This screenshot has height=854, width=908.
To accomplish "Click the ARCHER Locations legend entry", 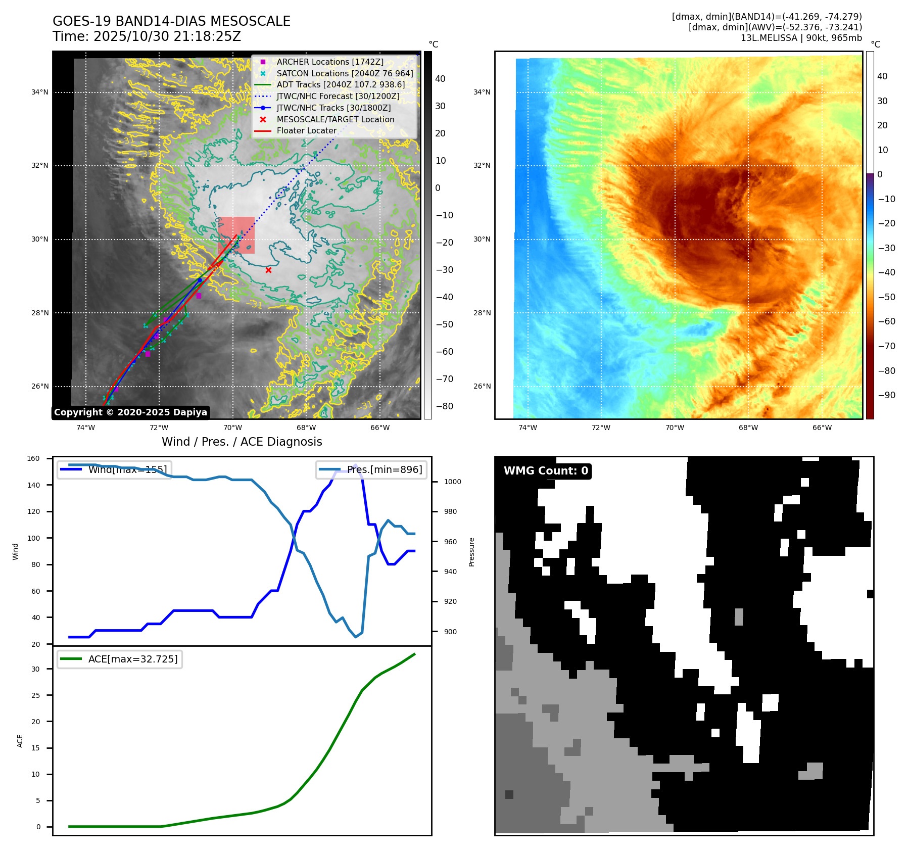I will pyautogui.click(x=329, y=62).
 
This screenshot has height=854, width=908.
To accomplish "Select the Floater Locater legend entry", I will pyautogui.click(x=306, y=130).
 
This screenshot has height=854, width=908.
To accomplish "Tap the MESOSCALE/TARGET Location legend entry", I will pyautogui.click(x=335, y=119).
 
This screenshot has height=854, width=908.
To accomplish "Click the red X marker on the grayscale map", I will pyautogui.click(x=268, y=270).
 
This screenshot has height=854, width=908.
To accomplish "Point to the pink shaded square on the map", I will pyautogui.click(x=236, y=235).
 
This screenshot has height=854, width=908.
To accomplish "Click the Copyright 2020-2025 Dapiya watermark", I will pyautogui.click(x=130, y=412).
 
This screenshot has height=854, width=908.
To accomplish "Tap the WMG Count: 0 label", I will pyautogui.click(x=546, y=471).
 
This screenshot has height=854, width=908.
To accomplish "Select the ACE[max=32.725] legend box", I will pyautogui.click(x=120, y=659).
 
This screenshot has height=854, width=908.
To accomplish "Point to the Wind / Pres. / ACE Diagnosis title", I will pyautogui.click(x=242, y=442).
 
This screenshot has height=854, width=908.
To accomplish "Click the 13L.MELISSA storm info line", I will pyautogui.click(x=801, y=38).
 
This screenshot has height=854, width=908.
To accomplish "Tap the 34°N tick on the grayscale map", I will pyautogui.click(x=40, y=92).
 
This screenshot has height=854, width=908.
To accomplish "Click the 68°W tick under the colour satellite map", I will pyautogui.click(x=748, y=428).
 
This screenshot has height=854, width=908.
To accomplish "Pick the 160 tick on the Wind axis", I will pyautogui.click(x=33, y=458).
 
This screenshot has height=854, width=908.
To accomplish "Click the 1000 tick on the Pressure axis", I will pyautogui.click(x=452, y=482).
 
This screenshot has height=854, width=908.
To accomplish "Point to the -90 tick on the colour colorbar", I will pyautogui.click(x=886, y=395).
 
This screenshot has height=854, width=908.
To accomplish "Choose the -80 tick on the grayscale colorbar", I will pyautogui.click(x=444, y=406).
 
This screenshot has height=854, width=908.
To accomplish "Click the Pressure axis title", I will pyautogui.click(x=471, y=552).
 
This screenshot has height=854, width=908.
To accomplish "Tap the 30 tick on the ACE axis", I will pyautogui.click(x=35, y=669).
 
